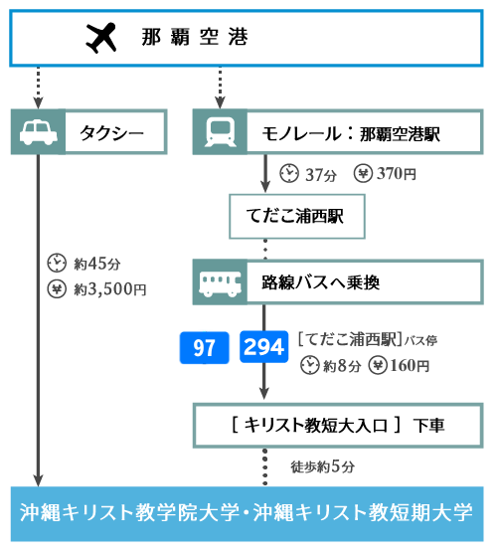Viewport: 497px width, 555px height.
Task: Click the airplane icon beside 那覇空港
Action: (x=101, y=38)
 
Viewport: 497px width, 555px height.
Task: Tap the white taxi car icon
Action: (x=38, y=132)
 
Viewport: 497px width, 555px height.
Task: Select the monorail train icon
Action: (x=220, y=132)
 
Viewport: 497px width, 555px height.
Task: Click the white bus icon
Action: (x=220, y=283)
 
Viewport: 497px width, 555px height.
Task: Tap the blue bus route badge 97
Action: (x=204, y=347)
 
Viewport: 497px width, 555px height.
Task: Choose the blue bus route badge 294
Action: (x=263, y=347)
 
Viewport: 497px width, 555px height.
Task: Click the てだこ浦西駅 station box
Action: (x=297, y=216)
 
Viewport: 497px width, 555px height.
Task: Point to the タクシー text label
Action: (x=111, y=133)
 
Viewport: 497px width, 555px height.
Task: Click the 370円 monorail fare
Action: (x=397, y=174)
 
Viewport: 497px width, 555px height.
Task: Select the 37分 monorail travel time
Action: (x=321, y=175)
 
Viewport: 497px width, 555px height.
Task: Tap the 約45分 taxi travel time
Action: (x=97, y=264)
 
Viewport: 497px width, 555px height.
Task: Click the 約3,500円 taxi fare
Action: (x=110, y=289)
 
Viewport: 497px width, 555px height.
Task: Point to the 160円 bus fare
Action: (x=410, y=366)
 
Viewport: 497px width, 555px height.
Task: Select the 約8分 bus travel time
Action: (x=342, y=366)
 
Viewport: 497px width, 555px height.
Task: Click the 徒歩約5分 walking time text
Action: (x=323, y=466)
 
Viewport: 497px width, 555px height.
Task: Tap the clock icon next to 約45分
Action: (x=57, y=263)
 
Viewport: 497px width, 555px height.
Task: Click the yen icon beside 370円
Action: (x=363, y=173)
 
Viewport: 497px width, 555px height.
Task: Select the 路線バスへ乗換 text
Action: (x=320, y=282)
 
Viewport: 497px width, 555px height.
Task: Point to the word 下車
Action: (x=428, y=425)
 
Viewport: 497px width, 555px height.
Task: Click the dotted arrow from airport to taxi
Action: (x=38, y=88)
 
